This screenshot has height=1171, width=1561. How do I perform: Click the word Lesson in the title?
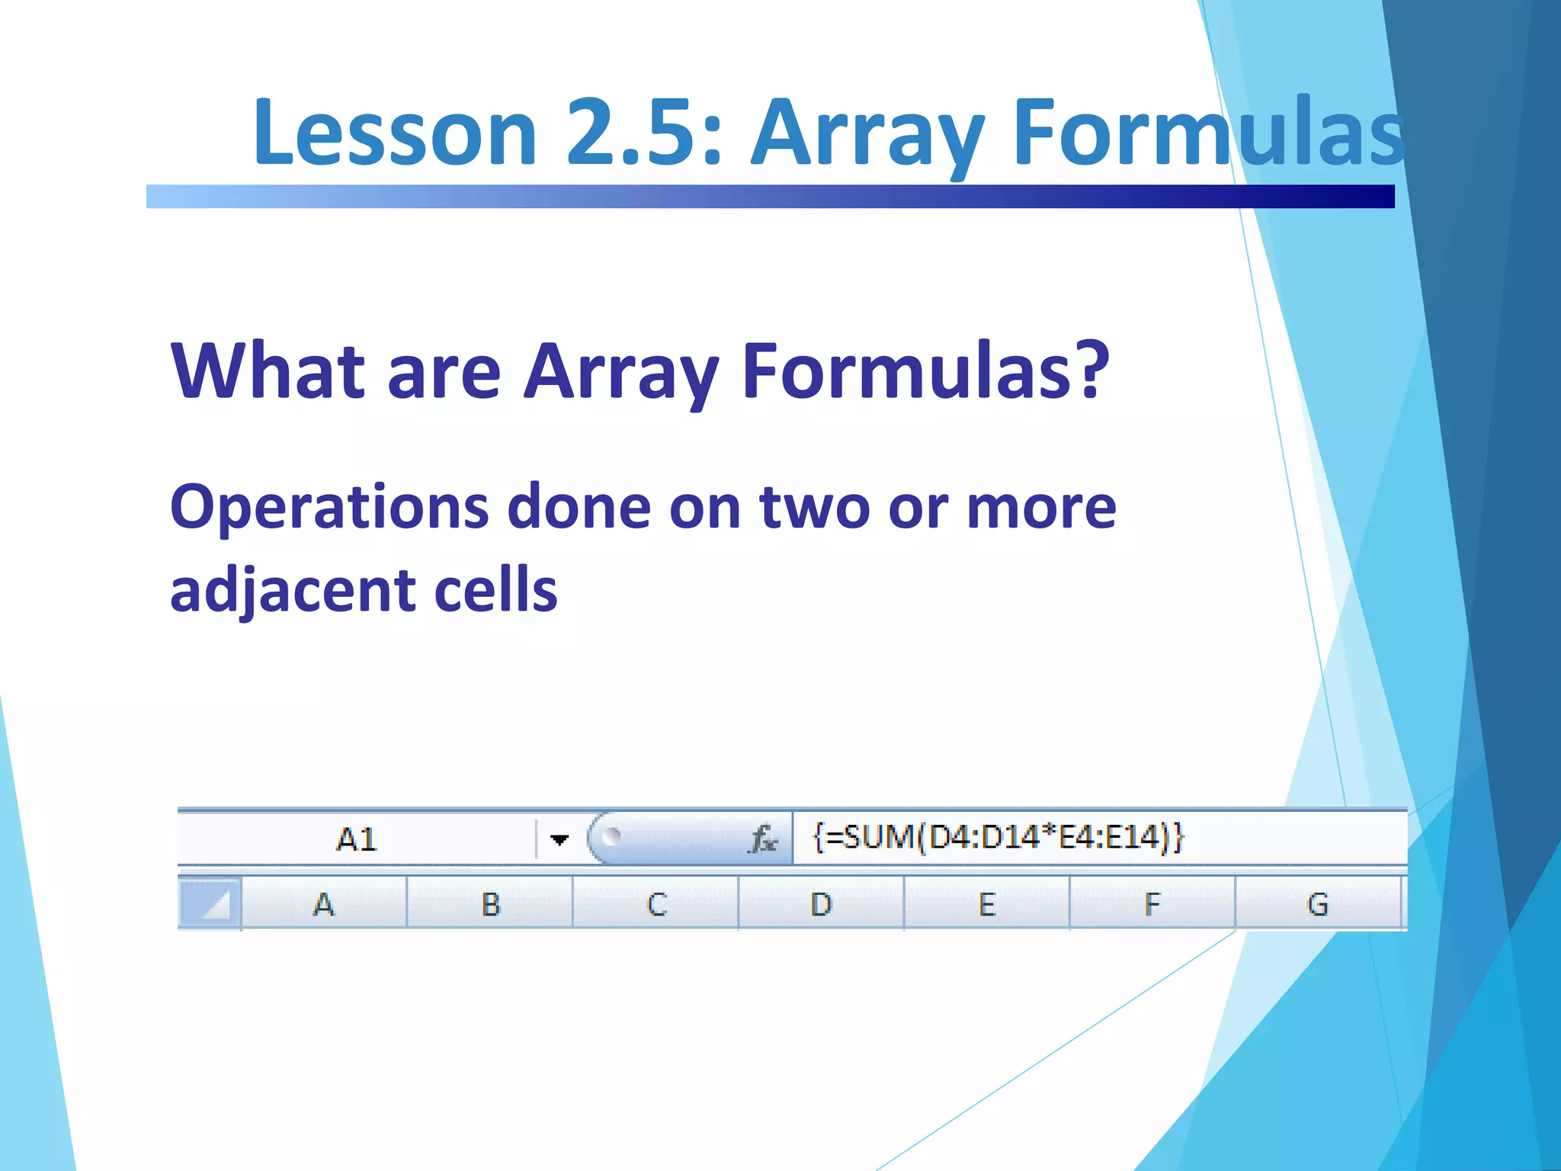(395, 133)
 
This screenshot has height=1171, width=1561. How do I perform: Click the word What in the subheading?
(268, 371)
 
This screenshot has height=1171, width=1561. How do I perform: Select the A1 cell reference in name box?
(356, 839)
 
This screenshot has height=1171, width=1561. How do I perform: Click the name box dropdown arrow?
(559, 840)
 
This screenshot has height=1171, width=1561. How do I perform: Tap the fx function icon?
(763, 840)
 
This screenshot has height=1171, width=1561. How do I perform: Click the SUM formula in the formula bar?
(998, 838)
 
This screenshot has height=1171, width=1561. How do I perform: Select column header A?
(324, 905)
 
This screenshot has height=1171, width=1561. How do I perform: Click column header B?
(490, 905)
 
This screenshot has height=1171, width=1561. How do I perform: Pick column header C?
(656, 905)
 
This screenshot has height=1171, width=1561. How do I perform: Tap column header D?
(821, 905)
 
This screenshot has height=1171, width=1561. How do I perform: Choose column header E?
(987, 905)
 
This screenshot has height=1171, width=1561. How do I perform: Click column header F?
(1152, 905)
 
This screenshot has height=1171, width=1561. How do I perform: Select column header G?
(1317, 905)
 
